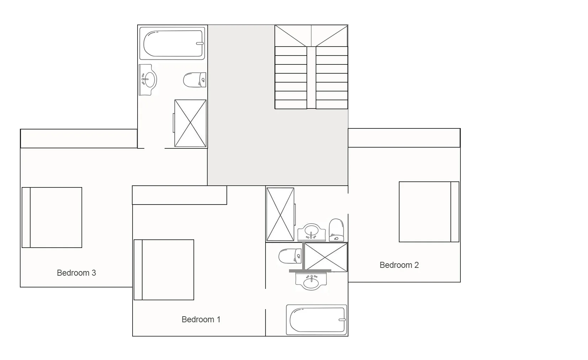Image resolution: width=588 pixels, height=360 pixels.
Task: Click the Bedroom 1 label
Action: pyautogui.click(x=201, y=319)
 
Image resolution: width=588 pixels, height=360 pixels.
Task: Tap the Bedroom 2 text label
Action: pyautogui.click(x=399, y=265)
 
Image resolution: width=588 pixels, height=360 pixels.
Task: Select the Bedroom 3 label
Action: pyautogui.click(x=76, y=273)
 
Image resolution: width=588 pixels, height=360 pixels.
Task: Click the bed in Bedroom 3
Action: pyautogui.click(x=52, y=217)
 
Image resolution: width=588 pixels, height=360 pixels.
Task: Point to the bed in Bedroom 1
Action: pyautogui.click(x=164, y=270)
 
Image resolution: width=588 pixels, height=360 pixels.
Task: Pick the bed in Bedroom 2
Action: pyautogui.click(x=429, y=212)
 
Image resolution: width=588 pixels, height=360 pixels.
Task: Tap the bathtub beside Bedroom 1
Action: pyautogui.click(x=316, y=319)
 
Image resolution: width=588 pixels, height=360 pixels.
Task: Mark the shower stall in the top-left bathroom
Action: pyautogui.click(x=190, y=123)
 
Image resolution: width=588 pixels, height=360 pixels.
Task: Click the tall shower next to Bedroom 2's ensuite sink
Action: pyautogui.click(x=280, y=214)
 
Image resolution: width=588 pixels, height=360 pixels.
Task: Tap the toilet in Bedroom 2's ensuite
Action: pyautogui.click(x=336, y=230)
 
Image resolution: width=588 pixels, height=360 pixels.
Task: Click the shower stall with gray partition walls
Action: pyautogui.click(x=326, y=257)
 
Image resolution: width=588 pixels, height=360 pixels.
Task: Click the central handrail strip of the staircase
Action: pyautogui.click(x=311, y=77)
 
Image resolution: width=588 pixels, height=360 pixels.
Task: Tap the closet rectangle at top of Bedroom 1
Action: pyautogui.click(x=180, y=195)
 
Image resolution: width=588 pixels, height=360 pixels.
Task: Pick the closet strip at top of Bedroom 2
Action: pyautogui.click(x=404, y=138)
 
